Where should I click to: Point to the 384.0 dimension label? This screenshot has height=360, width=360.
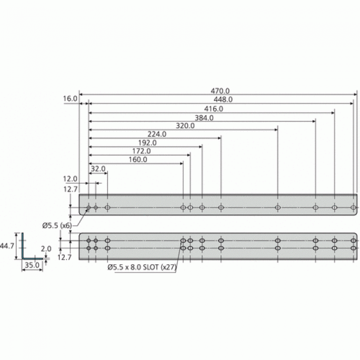coord(204,117)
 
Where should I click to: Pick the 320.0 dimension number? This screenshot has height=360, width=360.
coord(186,126)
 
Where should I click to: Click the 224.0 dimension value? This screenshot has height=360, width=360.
coord(157,134)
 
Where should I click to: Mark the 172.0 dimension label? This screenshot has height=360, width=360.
coord(141,151)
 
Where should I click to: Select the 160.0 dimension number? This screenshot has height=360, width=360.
coord(138,160)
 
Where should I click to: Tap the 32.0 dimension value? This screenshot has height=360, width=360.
coord(97,168)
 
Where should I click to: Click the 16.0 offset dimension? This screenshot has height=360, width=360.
coord(70,99)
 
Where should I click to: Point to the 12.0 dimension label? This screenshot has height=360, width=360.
coord(70,179)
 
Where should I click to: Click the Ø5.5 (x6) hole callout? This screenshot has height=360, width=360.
coord(57,225)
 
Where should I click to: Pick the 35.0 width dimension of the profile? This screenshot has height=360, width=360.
coord(32,265)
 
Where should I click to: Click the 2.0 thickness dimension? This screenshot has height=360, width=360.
coord(46,249)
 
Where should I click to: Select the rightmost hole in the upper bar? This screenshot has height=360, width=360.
coord(353,207)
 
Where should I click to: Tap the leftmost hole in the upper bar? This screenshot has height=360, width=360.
coord(88,207)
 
